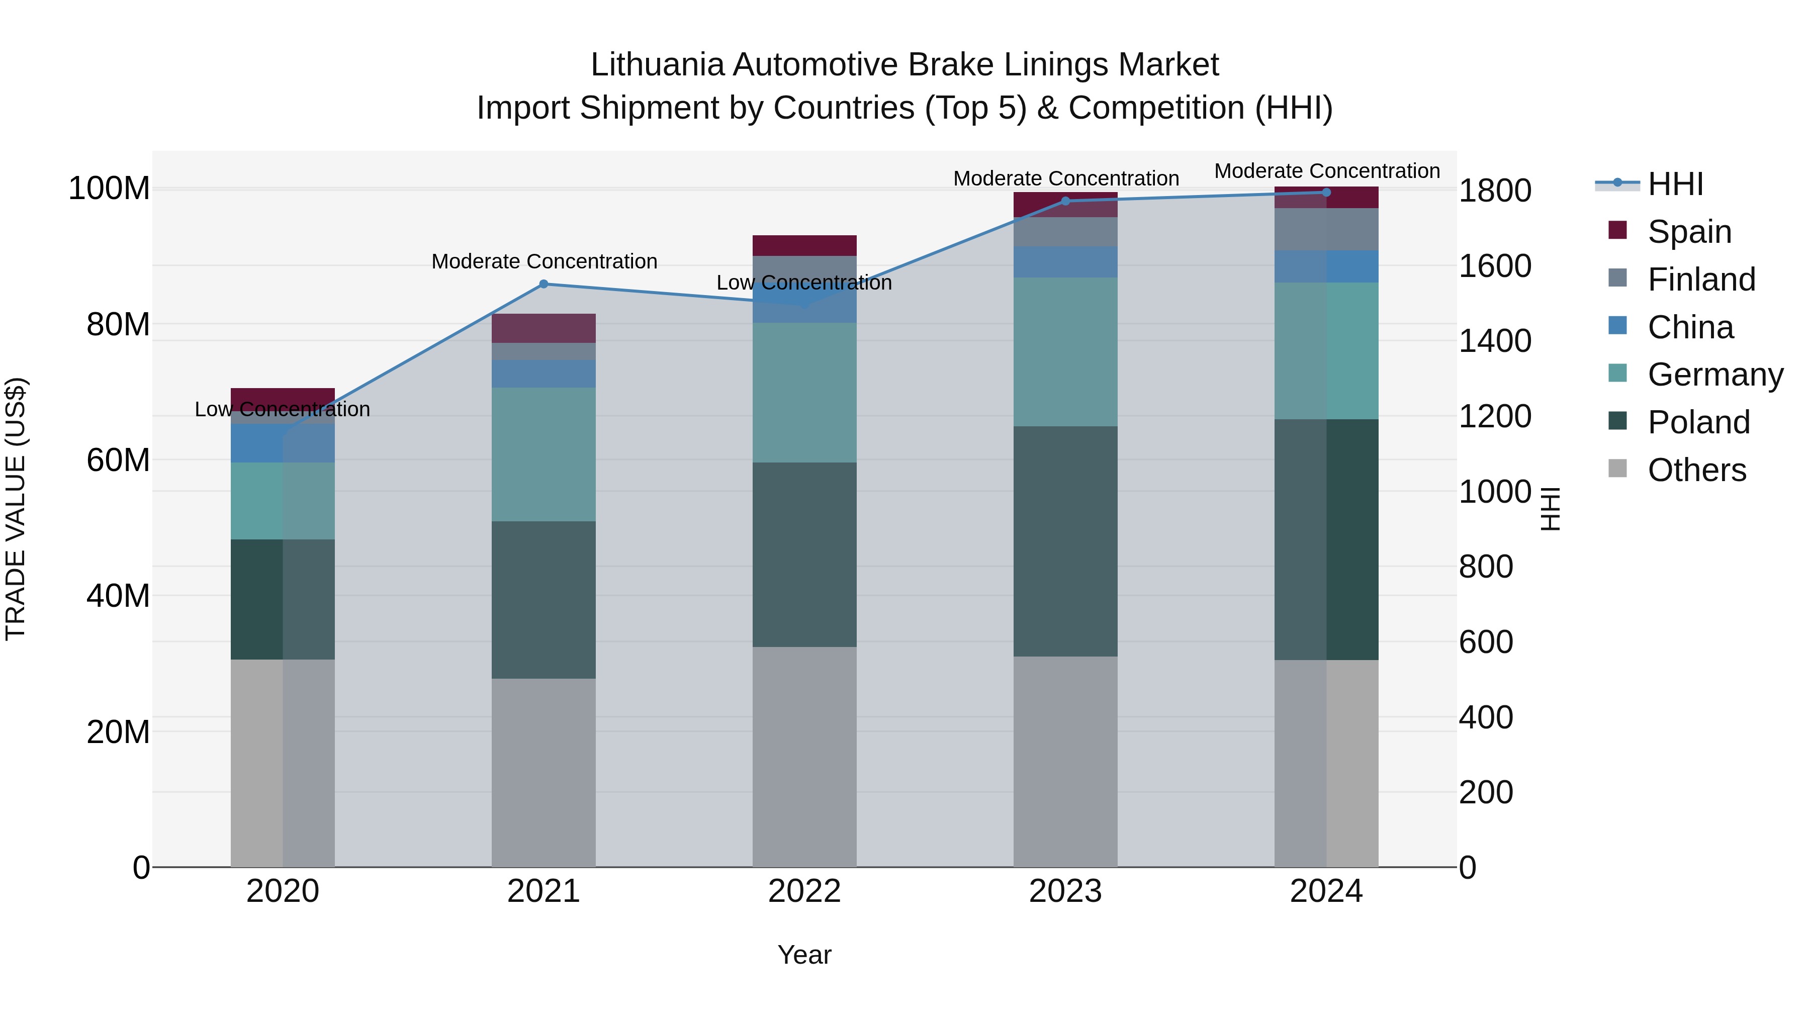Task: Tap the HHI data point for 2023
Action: tap(1065, 201)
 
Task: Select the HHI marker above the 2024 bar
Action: tap(1326, 193)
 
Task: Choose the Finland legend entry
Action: tap(1700, 280)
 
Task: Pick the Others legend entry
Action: tap(1696, 470)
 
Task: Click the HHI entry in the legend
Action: tap(1675, 184)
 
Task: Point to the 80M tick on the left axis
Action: tap(118, 325)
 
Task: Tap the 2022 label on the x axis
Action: tap(804, 891)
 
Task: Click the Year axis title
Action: tap(804, 955)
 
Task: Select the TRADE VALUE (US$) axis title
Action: tap(16, 509)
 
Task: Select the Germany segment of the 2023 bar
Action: tap(1065, 351)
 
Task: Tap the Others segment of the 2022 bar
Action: tap(804, 757)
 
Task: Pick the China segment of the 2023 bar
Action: tap(1065, 261)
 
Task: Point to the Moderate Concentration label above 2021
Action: tap(544, 261)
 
